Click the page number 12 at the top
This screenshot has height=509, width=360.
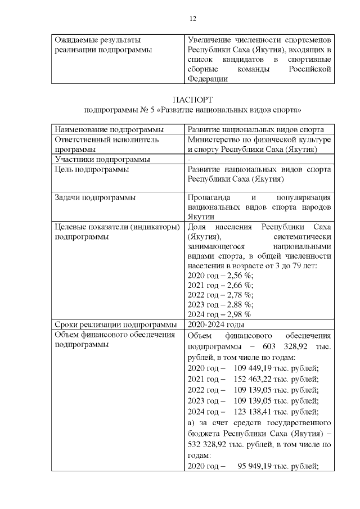point(192,19)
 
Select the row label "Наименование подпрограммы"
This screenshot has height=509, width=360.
point(105,129)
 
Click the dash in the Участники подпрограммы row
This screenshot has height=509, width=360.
point(190,159)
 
